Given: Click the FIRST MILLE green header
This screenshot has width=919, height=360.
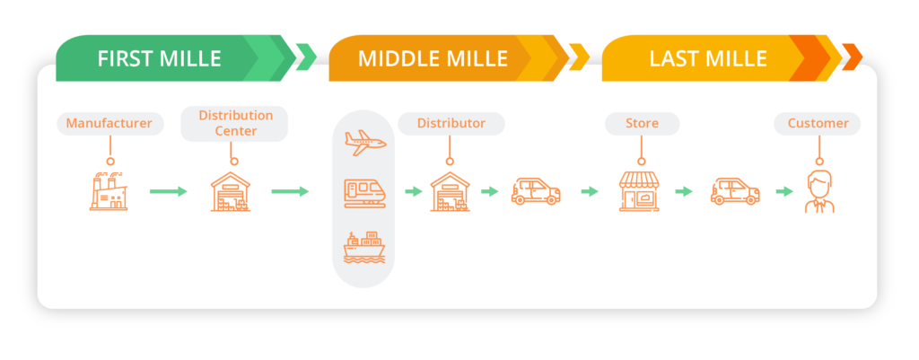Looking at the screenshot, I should pyautogui.click(x=160, y=59).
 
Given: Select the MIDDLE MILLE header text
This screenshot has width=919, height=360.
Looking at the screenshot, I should pyautogui.click(x=433, y=59).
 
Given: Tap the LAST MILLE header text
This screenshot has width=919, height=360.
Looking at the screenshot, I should pyautogui.click(x=708, y=59).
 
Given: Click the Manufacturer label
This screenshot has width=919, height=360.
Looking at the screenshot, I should pyautogui.click(x=109, y=123).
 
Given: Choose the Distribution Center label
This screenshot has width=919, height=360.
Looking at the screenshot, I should pyautogui.click(x=235, y=123).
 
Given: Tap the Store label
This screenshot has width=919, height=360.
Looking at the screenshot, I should pyautogui.click(x=642, y=123).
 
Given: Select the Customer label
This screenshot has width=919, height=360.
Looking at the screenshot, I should pyautogui.click(x=817, y=123).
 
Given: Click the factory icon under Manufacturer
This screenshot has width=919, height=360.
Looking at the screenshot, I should pyautogui.click(x=109, y=191).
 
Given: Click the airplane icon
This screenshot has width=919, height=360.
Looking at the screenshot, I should pyautogui.click(x=364, y=142).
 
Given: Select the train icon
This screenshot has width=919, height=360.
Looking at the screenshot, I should pyautogui.click(x=364, y=192).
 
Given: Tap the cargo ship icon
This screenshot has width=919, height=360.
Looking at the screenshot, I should pyautogui.click(x=364, y=246).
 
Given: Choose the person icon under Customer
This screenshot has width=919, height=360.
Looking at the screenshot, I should pyautogui.click(x=817, y=191).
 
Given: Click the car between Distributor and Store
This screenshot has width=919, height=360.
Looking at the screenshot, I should pyautogui.click(x=536, y=191).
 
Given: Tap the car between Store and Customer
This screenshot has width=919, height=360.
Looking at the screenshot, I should pyautogui.click(x=735, y=191).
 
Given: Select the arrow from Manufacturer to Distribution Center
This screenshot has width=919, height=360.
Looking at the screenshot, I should pyautogui.click(x=168, y=191).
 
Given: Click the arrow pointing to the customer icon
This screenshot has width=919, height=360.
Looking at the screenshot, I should pyautogui.click(x=784, y=191).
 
